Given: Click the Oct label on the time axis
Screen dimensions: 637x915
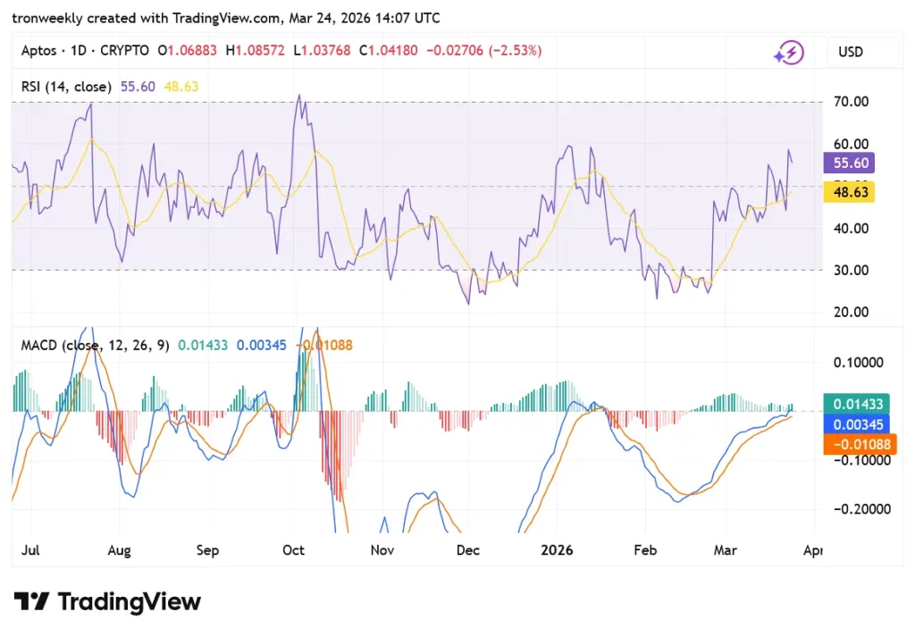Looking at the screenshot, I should pyautogui.click(x=293, y=550).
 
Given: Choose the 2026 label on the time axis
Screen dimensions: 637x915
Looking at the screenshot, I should pyautogui.click(x=556, y=550).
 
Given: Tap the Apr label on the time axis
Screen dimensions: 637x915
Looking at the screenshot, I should pyautogui.click(x=812, y=550).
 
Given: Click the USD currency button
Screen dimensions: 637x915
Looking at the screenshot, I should pyautogui.click(x=851, y=52).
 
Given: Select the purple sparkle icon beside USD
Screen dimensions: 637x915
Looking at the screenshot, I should pyautogui.click(x=788, y=53).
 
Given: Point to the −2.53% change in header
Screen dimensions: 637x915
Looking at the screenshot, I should pyautogui.click(x=513, y=51).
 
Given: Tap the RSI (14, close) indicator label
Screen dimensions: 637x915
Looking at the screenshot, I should pyautogui.click(x=67, y=87).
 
